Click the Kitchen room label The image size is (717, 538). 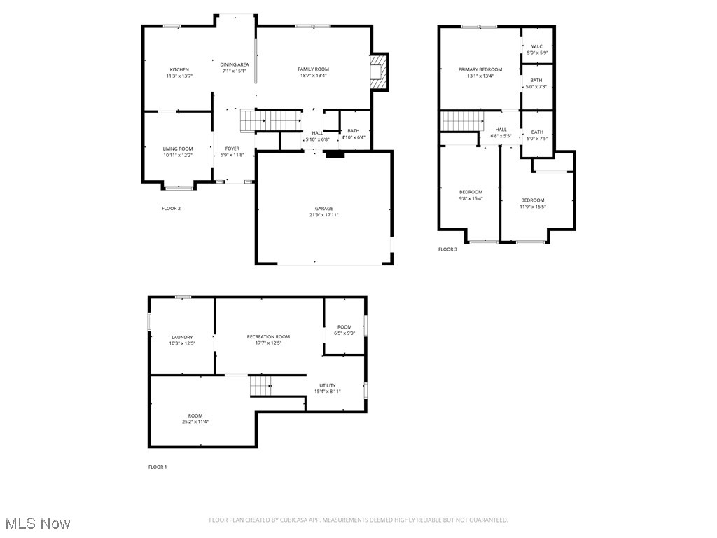click(179, 69)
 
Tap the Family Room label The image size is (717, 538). click(313, 69)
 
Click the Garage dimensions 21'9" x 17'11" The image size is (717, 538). click(323, 215)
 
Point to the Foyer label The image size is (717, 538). click(232, 149)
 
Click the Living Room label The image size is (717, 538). click(178, 149)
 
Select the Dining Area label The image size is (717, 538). click(235, 64)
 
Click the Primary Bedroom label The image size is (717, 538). click(480, 69)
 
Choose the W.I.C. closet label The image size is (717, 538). click(537, 46)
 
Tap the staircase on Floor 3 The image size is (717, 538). click(462, 120)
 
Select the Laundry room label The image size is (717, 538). click(182, 337)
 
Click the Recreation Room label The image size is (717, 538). click(268, 336)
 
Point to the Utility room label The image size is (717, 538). click(327, 385)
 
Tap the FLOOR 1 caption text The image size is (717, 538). click(158, 467)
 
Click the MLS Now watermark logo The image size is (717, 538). click(37, 523)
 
